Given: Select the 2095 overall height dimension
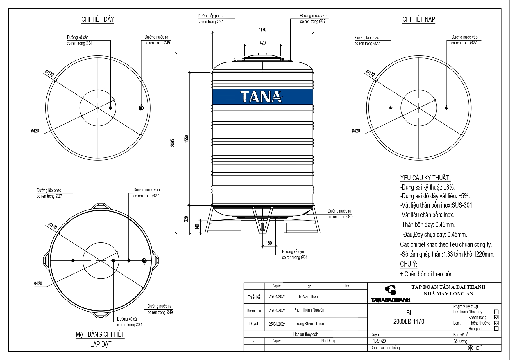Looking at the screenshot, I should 173,142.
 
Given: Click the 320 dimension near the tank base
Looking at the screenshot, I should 187,219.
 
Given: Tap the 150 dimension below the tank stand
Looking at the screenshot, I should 269,243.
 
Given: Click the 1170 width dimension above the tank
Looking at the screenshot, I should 262,30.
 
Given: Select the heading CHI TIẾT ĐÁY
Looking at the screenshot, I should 98,19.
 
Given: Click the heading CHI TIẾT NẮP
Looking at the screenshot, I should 418,19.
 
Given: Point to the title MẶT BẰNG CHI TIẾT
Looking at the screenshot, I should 100,334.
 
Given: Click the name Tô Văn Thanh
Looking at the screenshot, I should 309,296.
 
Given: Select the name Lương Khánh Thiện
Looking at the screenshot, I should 309,324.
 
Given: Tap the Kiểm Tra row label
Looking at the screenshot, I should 254,311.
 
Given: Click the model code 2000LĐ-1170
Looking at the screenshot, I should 409,322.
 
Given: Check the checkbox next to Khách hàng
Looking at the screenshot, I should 496,317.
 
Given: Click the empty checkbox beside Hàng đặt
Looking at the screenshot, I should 496,329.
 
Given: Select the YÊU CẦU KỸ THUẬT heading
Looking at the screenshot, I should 425,178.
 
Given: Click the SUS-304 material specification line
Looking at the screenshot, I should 437,205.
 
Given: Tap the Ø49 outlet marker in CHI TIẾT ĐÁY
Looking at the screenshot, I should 141,108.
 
